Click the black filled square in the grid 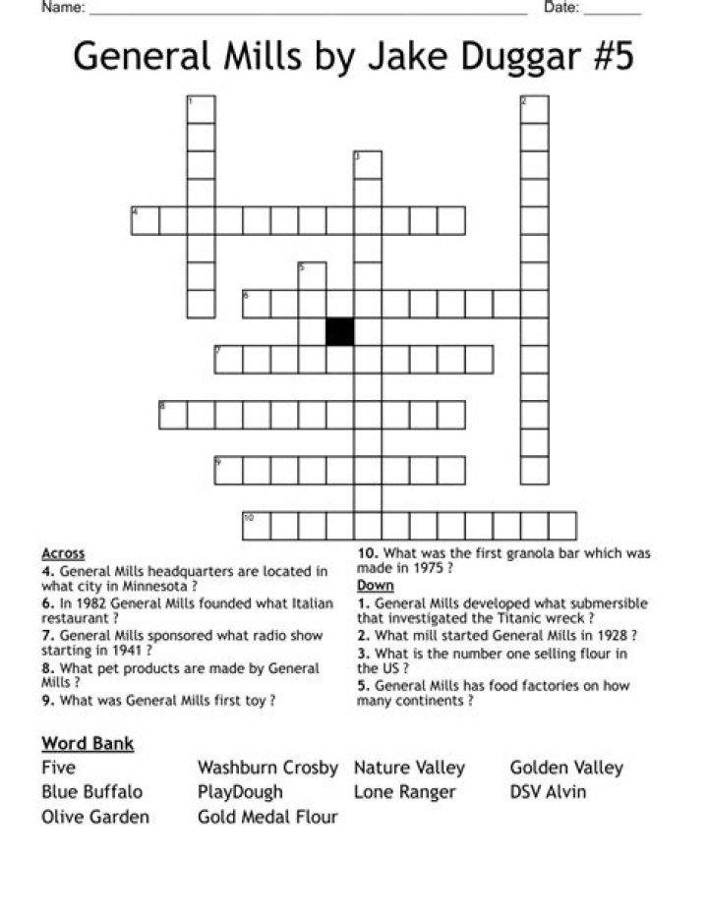point(340,331)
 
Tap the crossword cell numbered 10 point(256,526)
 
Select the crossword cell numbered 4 point(145,220)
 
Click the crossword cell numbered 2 point(534,109)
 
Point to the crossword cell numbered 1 point(201,109)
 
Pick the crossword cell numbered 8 point(173,415)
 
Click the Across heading point(63,553)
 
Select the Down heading point(375,585)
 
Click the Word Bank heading point(88,743)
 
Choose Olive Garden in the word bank point(95,817)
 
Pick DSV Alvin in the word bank point(548,791)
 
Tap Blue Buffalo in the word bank point(91,791)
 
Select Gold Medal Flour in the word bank point(267,817)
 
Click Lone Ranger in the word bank point(404,791)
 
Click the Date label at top point(560,8)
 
